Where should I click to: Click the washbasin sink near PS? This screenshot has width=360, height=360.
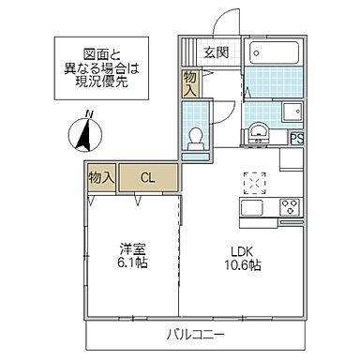coord(257,133)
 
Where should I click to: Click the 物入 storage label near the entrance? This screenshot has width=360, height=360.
coord(190,83)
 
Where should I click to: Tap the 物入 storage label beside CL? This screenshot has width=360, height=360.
coord(100,176)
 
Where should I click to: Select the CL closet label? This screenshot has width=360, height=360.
coord(148,176)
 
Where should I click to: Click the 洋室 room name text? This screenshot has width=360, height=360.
coord(132,249)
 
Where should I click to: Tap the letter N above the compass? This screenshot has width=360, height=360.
coord(87,115)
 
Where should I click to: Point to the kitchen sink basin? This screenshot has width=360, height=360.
coord(253,208)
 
